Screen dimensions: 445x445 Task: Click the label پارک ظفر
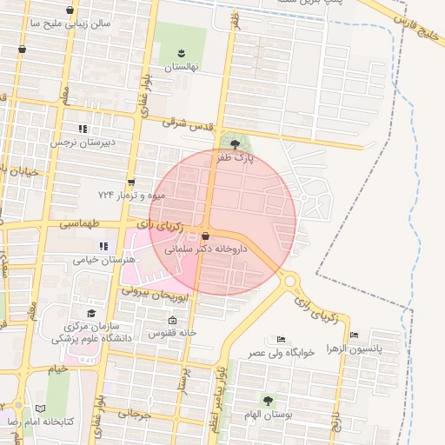pyautogui.click(x=236, y=158)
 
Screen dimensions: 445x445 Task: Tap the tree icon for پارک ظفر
pyautogui.click(x=234, y=143)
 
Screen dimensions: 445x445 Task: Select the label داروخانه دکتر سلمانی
pyautogui.click(x=206, y=249)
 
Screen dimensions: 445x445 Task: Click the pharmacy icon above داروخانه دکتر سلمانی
pyautogui.click(x=205, y=236)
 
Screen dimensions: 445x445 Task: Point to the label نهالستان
pyautogui.click(x=182, y=67)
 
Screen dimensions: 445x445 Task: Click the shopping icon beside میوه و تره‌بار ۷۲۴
pyautogui.click(x=130, y=183)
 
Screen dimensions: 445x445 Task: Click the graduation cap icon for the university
pyautogui.click(x=91, y=313)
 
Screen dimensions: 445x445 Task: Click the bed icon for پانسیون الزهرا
pyautogui.click(x=354, y=335)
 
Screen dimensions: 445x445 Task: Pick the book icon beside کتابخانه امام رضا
pyautogui.click(x=40, y=408)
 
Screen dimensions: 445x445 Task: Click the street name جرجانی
pyautogui.click(x=133, y=415)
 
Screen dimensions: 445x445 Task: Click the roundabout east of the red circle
pyautogui.click(x=290, y=281)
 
